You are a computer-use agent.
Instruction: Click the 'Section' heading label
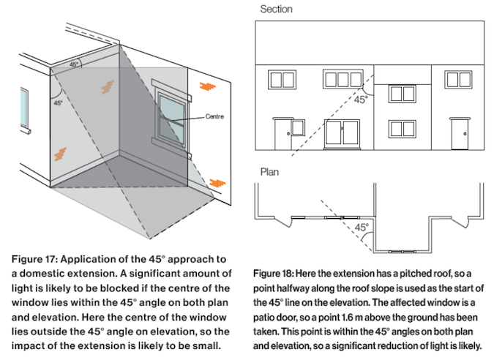click(x=276, y=10)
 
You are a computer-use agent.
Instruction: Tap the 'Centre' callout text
click(x=214, y=116)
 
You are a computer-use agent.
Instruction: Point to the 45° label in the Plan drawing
click(x=362, y=228)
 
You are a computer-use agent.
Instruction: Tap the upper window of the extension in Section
click(x=402, y=93)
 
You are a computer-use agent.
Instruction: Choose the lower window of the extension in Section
click(x=402, y=129)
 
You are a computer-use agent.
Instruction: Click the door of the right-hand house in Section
click(x=460, y=134)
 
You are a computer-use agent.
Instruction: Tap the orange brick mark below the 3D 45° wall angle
click(x=63, y=154)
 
